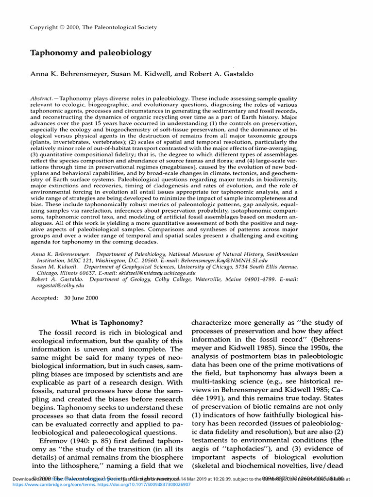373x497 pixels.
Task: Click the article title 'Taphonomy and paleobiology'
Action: point(91,53)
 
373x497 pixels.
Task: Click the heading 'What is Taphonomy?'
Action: point(107,322)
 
